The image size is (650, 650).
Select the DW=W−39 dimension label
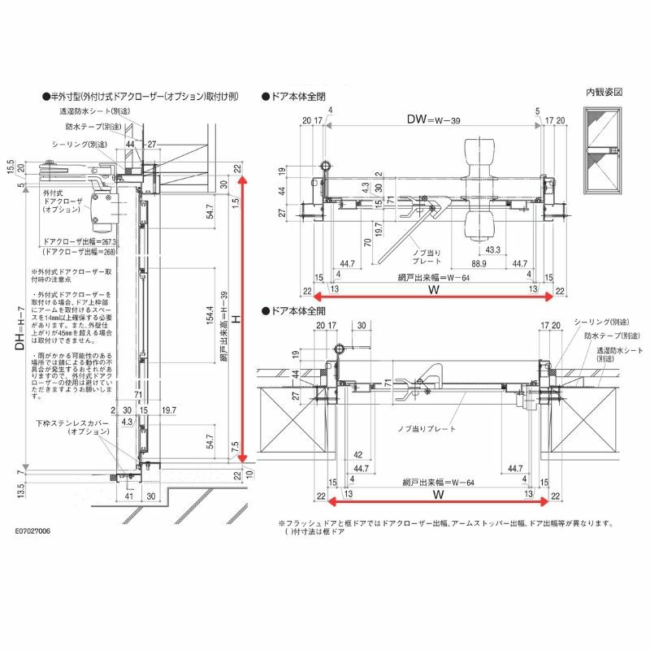(x=433, y=119)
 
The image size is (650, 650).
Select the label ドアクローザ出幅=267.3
(x=80, y=242)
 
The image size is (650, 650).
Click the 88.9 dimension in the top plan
(x=478, y=263)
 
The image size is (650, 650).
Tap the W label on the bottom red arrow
(x=436, y=493)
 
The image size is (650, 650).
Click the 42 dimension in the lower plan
(x=358, y=456)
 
